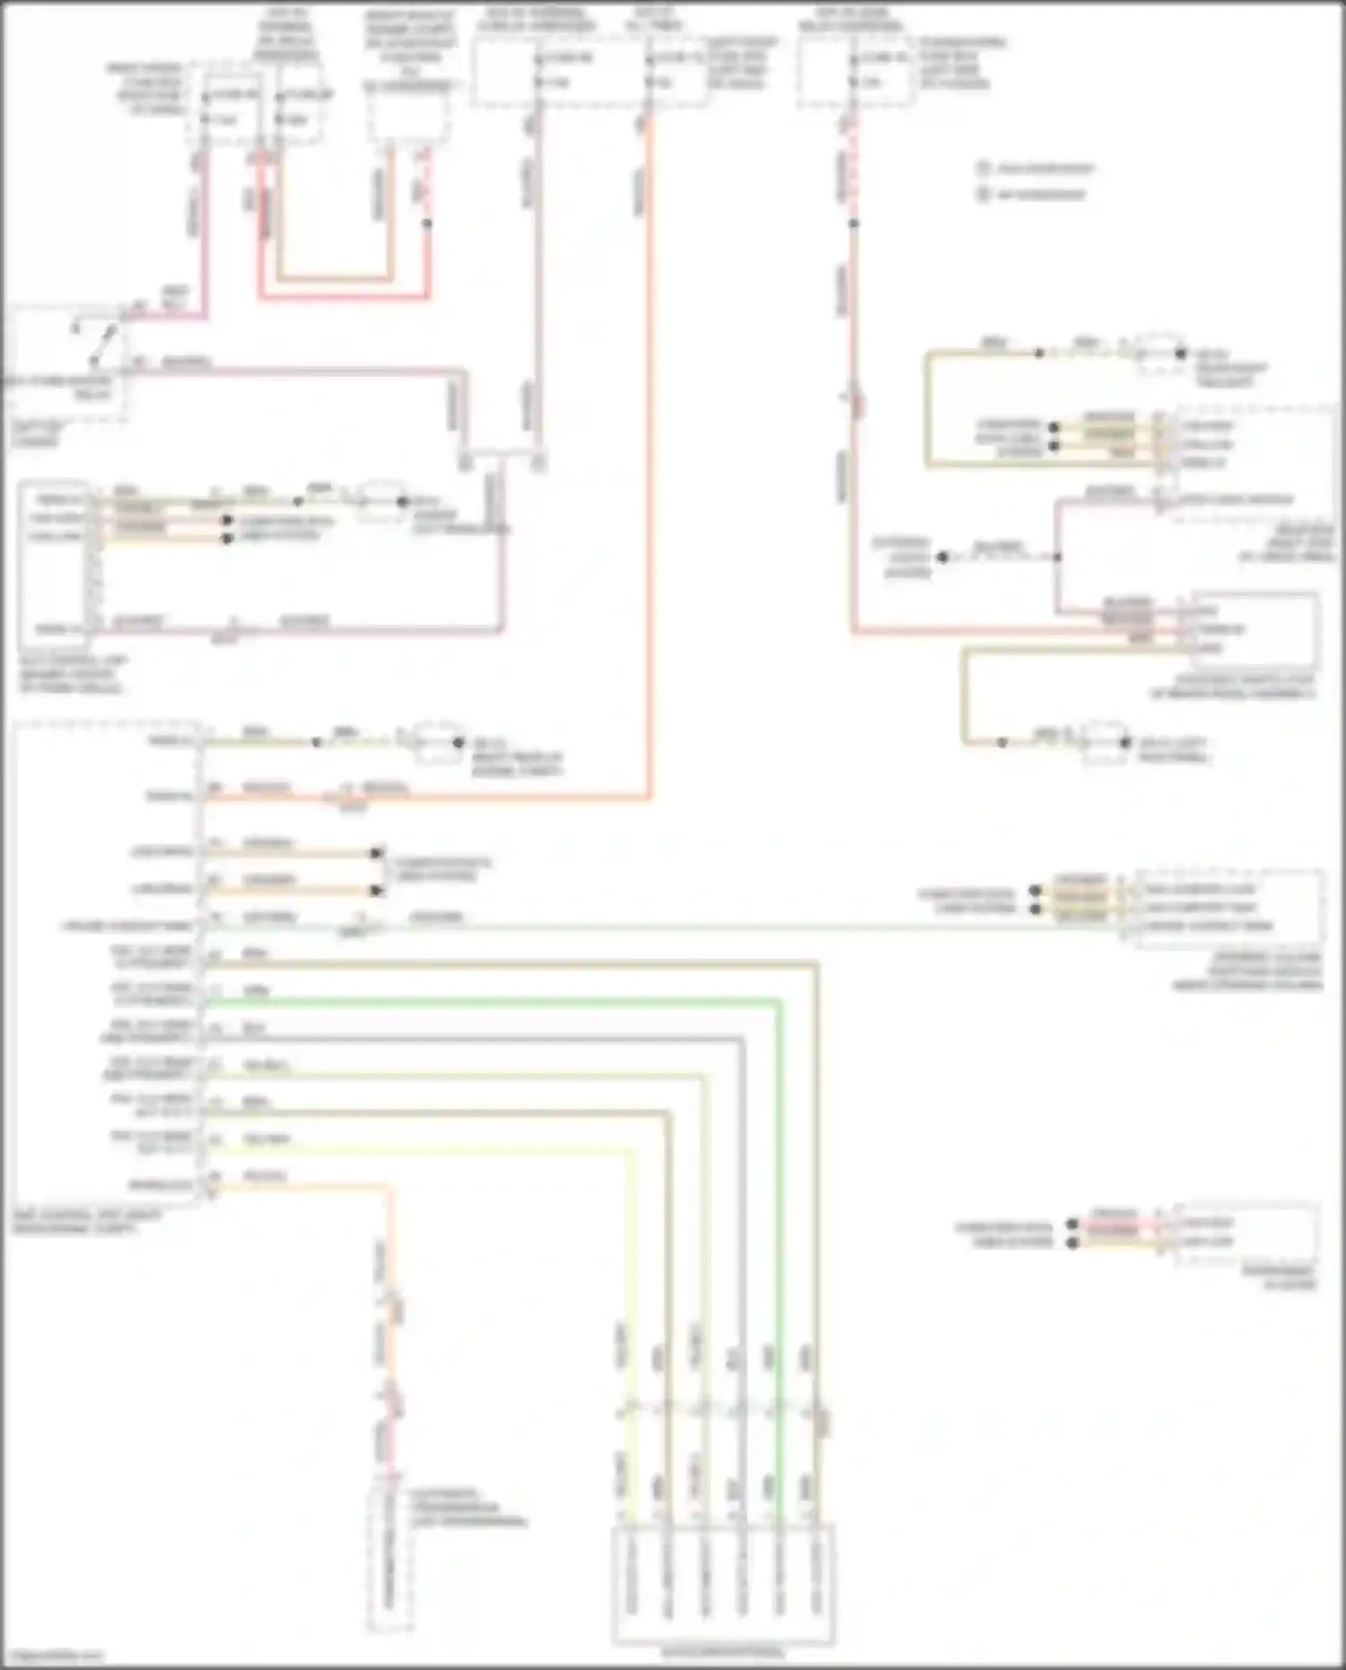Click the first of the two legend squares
(x=983, y=168)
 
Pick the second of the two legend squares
(x=983, y=194)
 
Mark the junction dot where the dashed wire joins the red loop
(x=428, y=223)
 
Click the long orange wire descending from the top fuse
(x=648, y=449)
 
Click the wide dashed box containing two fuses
(x=590, y=72)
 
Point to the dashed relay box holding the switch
(x=67, y=363)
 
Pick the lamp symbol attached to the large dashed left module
(x=438, y=743)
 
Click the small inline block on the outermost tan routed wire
(x=820, y=1421)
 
